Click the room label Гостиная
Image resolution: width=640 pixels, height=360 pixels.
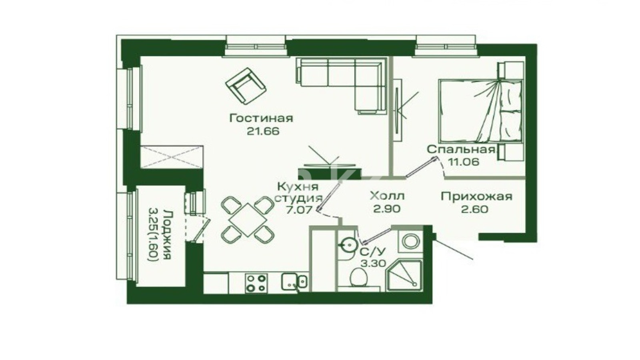(261, 118)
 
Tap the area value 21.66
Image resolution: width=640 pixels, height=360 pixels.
(263, 131)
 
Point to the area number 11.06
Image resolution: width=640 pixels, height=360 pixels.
(464, 162)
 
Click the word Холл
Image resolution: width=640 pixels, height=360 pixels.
(387, 196)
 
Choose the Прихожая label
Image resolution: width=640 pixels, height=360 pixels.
(476, 196)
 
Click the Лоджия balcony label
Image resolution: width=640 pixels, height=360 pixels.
(168, 235)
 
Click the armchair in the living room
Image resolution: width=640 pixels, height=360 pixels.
(246, 86)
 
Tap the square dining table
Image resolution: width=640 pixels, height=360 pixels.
(248, 220)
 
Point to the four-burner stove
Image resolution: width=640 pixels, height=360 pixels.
(256, 284)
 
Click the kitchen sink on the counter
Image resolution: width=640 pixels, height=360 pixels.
(294, 282)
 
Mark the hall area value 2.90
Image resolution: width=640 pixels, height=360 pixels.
(387, 209)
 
